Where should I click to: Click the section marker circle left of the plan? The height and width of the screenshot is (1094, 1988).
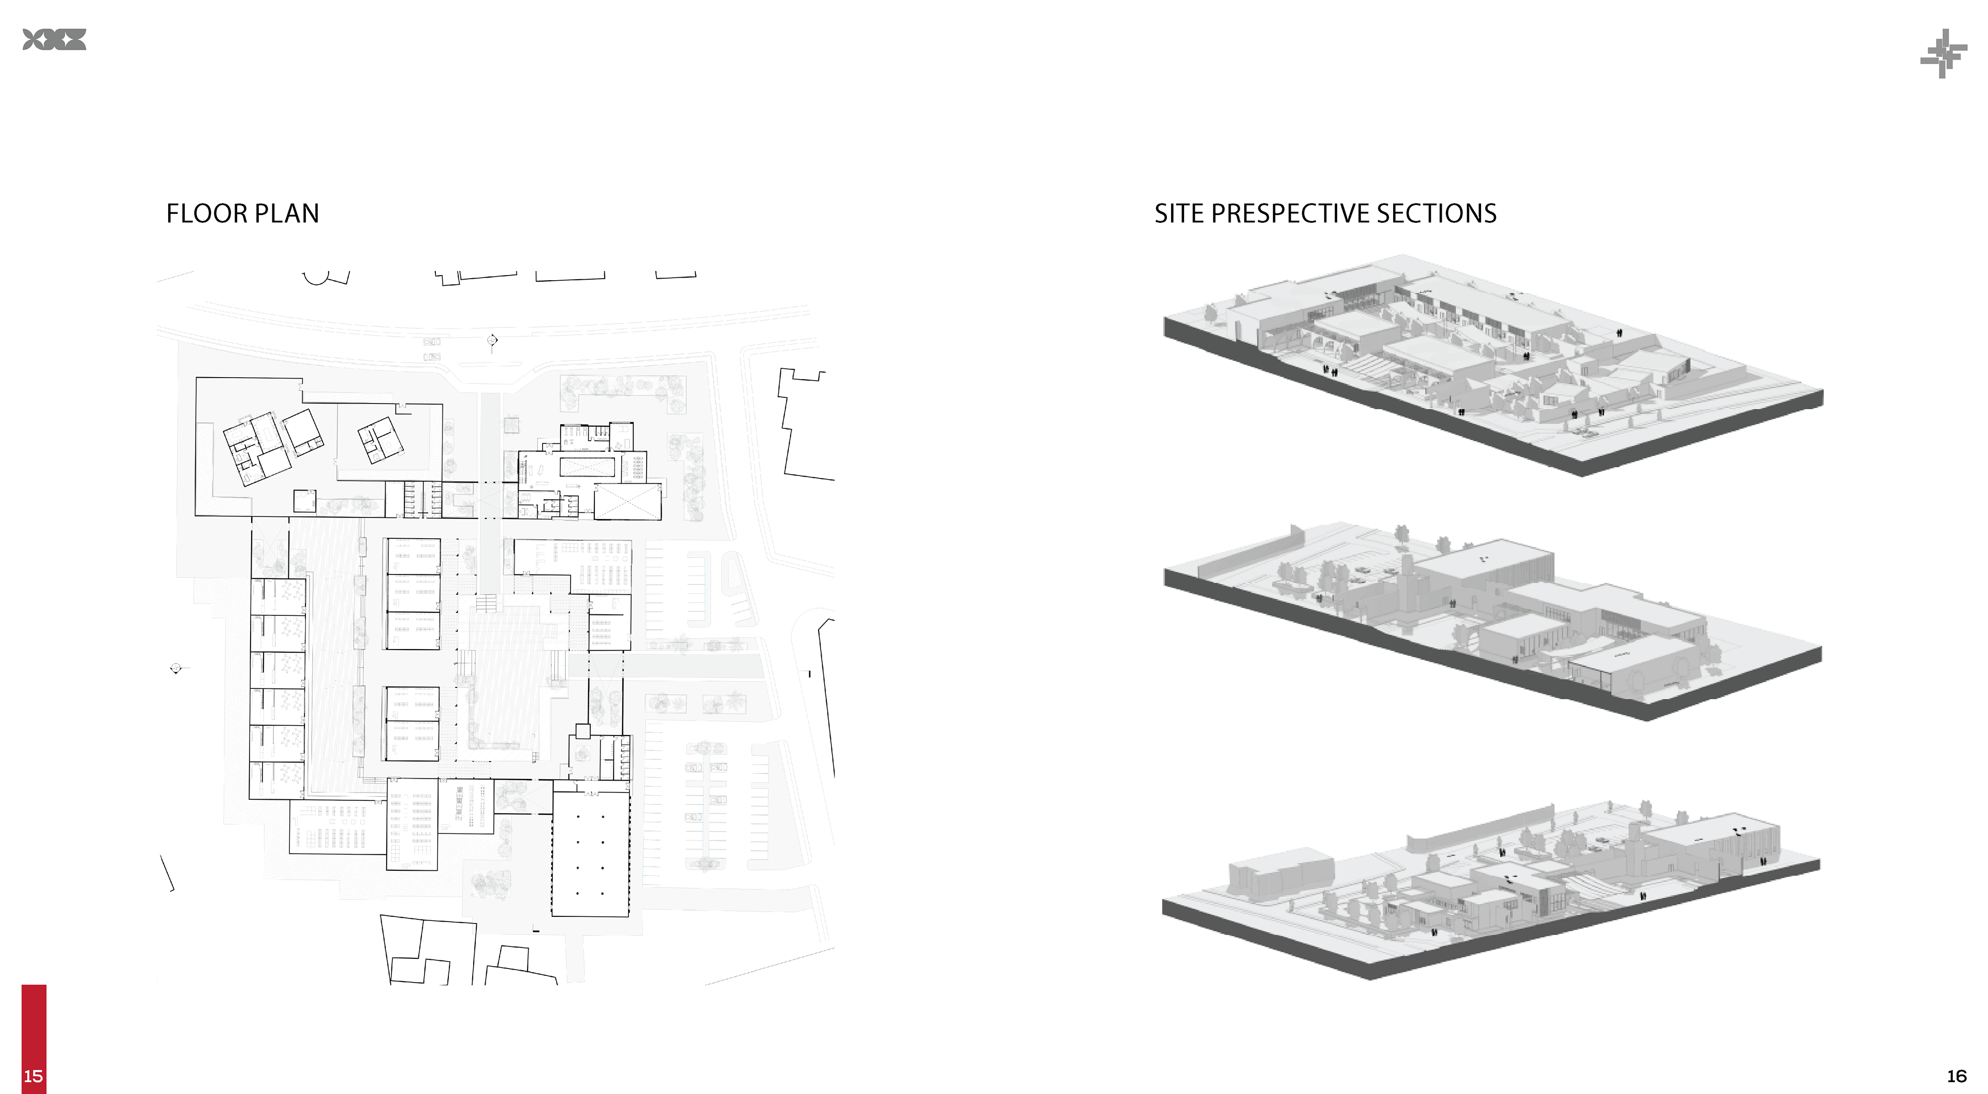click(x=177, y=669)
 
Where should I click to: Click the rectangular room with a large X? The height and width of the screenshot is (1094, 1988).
click(x=626, y=502)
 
